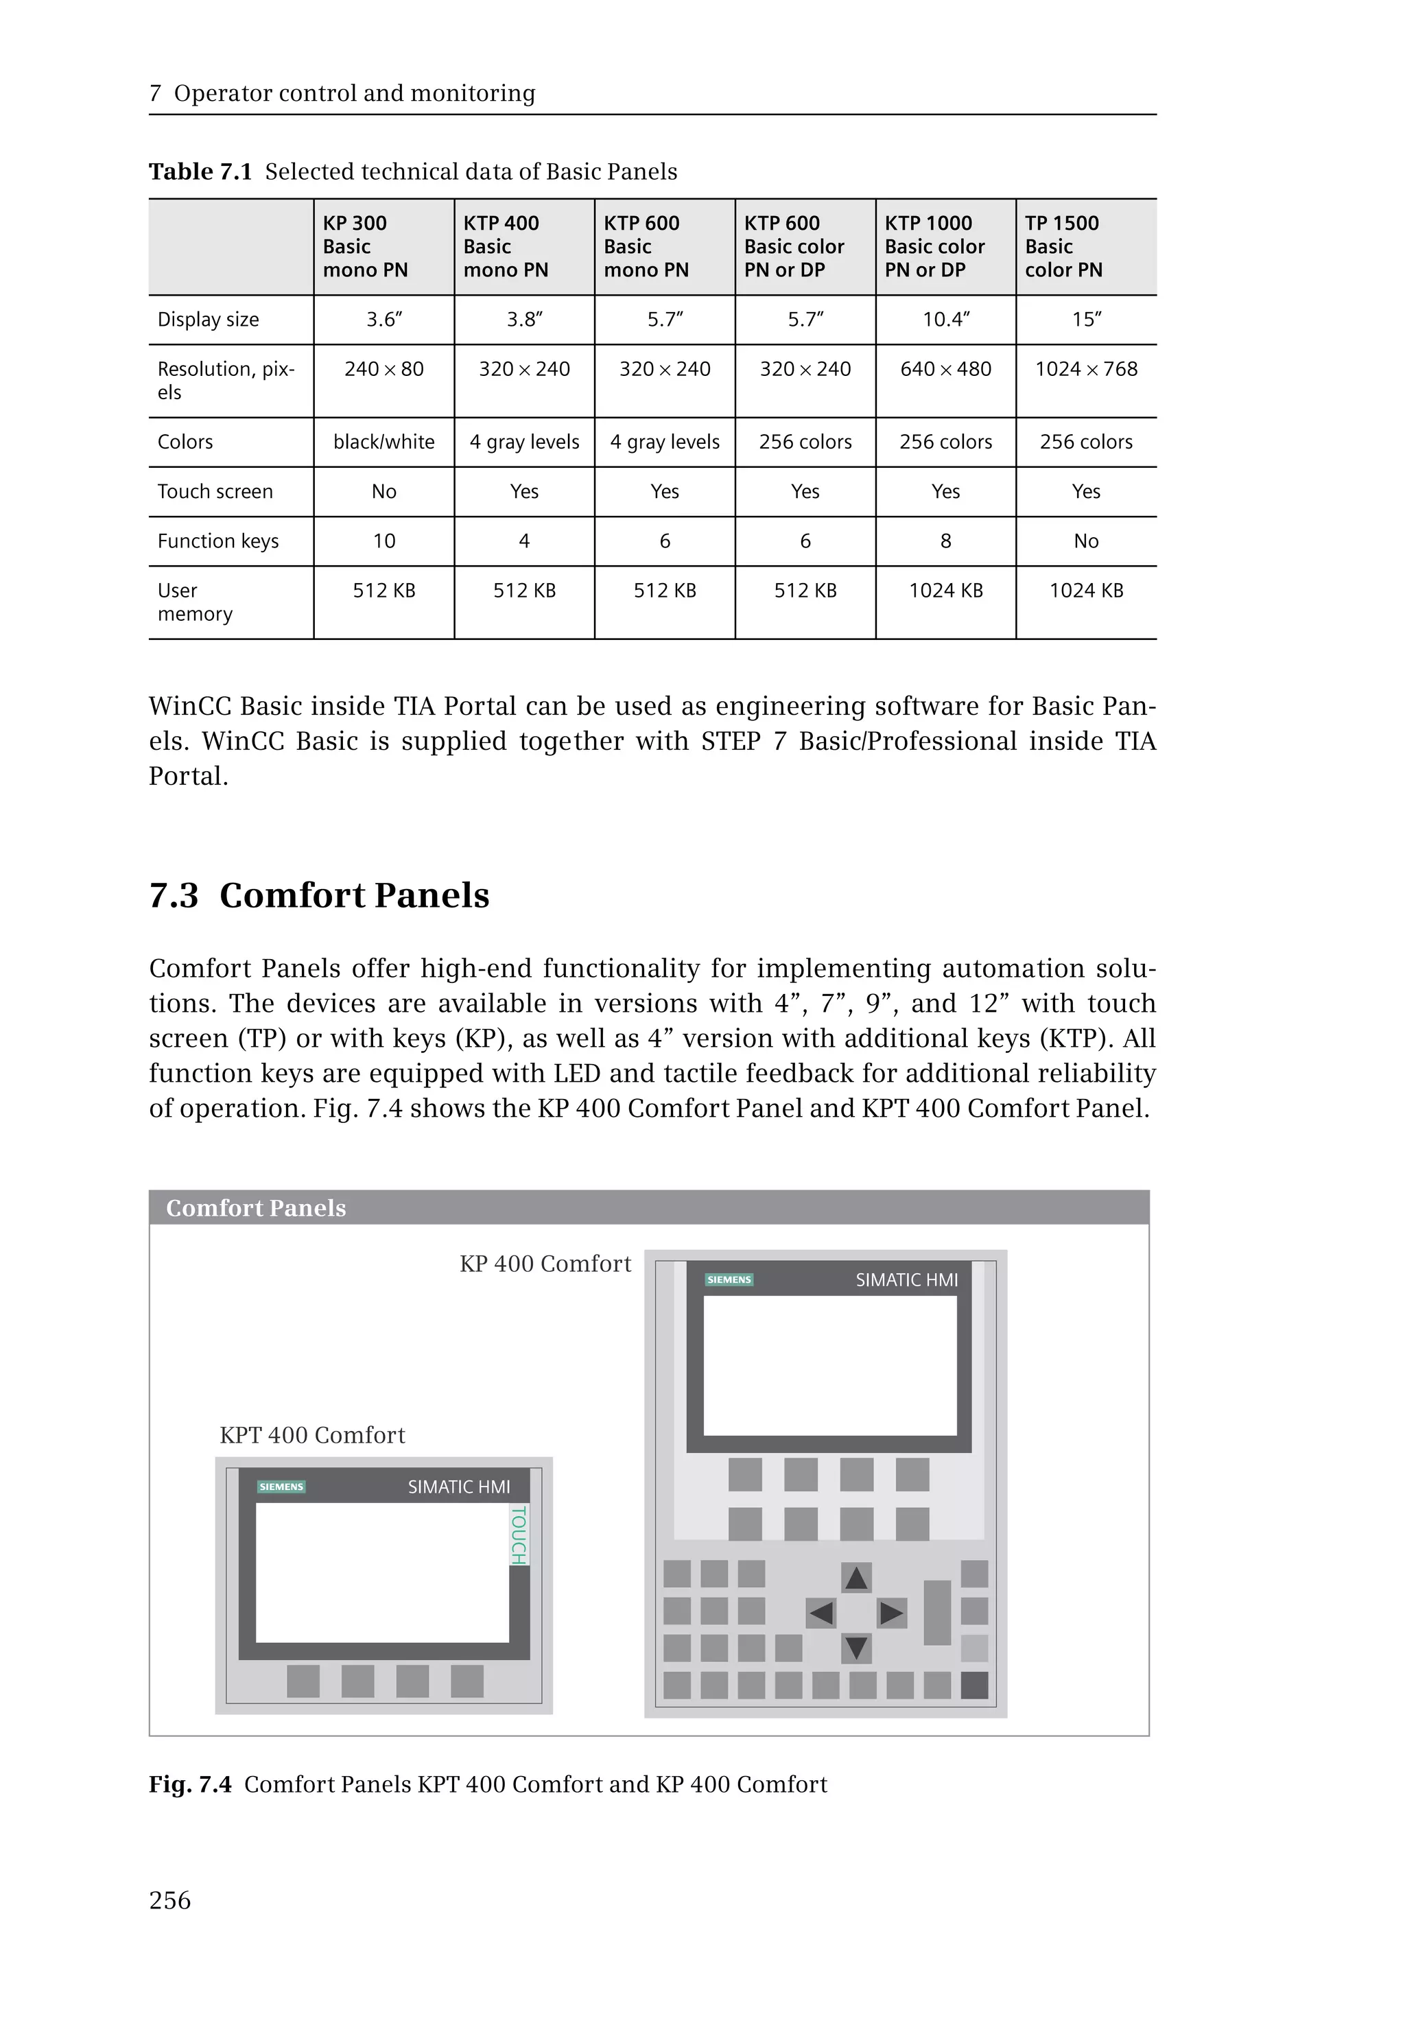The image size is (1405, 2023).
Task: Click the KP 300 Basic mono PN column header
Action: pyautogui.click(x=366, y=246)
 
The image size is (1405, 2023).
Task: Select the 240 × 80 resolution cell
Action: pyautogui.click(x=383, y=369)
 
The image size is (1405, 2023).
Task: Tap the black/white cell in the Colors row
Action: pyautogui.click(x=383, y=442)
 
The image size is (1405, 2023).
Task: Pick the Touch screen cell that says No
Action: pyautogui.click(x=383, y=491)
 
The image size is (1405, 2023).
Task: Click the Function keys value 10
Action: pyautogui.click(x=383, y=541)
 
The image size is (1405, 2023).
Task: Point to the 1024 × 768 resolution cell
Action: pyautogui.click(x=1085, y=369)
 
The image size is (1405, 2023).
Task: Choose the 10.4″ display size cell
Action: pyautogui.click(x=945, y=320)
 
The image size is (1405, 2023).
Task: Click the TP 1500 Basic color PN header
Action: pyautogui.click(x=1063, y=246)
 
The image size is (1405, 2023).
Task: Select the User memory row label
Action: pyautogui.click(x=195, y=602)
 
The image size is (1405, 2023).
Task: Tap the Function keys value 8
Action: pyautogui.click(x=945, y=541)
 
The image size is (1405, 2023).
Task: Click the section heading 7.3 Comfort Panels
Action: pyautogui.click(x=319, y=895)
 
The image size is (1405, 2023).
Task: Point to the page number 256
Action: pyautogui.click(x=170, y=1901)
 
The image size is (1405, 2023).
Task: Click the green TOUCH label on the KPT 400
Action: pyautogui.click(x=519, y=1535)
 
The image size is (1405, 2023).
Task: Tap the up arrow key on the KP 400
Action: pyautogui.click(x=857, y=1578)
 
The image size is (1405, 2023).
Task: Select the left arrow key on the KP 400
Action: pyautogui.click(x=820, y=1613)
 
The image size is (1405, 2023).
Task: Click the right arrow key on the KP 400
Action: pyautogui.click(x=892, y=1613)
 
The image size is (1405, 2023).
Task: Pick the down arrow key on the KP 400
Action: pyautogui.click(x=857, y=1648)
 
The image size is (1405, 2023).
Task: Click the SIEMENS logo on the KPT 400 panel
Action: pyautogui.click(x=281, y=1487)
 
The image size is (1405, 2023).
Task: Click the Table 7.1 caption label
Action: pyautogui.click(x=200, y=171)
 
